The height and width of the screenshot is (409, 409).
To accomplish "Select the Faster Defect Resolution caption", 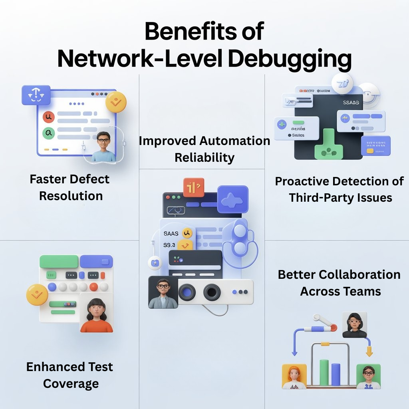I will click(x=70, y=187).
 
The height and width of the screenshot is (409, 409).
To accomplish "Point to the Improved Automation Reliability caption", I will click(x=204, y=149).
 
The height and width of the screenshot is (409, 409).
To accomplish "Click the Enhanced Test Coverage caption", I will click(x=70, y=375).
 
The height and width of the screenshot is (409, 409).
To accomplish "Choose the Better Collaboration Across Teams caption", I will click(x=340, y=283).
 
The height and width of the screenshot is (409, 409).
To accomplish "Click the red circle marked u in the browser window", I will click(x=49, y=117).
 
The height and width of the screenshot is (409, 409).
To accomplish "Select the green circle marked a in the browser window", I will click(x=49, y=133).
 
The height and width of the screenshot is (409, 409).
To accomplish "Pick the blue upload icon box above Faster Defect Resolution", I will click(x=36, y=95).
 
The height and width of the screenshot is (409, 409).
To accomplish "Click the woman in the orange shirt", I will click(x=96, y=315).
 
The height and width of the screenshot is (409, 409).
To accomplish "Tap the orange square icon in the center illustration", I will click(x=194, y=187).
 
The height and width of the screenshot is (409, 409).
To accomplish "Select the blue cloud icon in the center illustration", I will click(x=232, y=199).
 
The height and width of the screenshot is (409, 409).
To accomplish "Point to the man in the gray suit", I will click(x=163, y=292).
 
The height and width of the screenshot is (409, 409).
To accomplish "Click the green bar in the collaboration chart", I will click(x=324, y=373).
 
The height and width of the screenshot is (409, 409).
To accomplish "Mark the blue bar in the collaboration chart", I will click(x=336, y=374).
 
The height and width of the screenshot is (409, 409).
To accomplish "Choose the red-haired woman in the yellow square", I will click(x=294, y=376).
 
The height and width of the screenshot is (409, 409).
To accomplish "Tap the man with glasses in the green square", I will click(x=368, y=376).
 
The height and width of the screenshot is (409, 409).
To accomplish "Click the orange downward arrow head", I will click(x=369, y=353).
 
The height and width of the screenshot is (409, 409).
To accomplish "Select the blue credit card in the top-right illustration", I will click(x=375, y=146).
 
